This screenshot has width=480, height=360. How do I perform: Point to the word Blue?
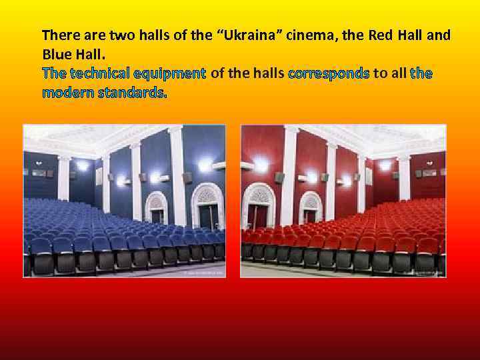(56, 53)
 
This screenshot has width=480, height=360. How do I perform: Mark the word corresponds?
(329, 73)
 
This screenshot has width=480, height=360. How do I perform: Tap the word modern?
(67, 93)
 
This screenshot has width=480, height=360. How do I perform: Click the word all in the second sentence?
(397, 73)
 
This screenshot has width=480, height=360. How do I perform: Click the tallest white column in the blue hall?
(177, 177)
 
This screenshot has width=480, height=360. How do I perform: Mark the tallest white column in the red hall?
(290, 177)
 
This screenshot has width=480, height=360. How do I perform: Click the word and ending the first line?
(438, 35)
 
